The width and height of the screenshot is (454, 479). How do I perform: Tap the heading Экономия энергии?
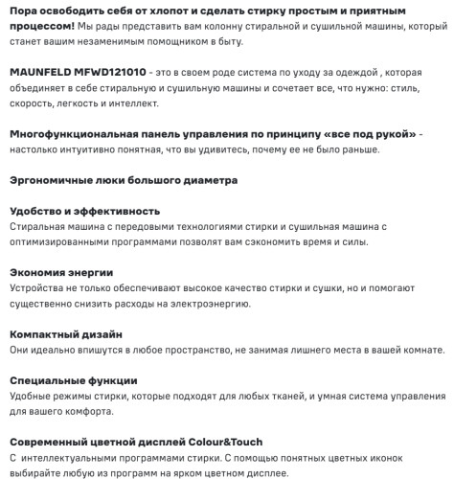(61, 272)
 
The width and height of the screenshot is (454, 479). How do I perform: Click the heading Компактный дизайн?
(65, 334)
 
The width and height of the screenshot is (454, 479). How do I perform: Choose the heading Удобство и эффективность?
(83, 211)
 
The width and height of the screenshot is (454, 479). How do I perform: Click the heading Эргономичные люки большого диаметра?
(124, 179)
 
